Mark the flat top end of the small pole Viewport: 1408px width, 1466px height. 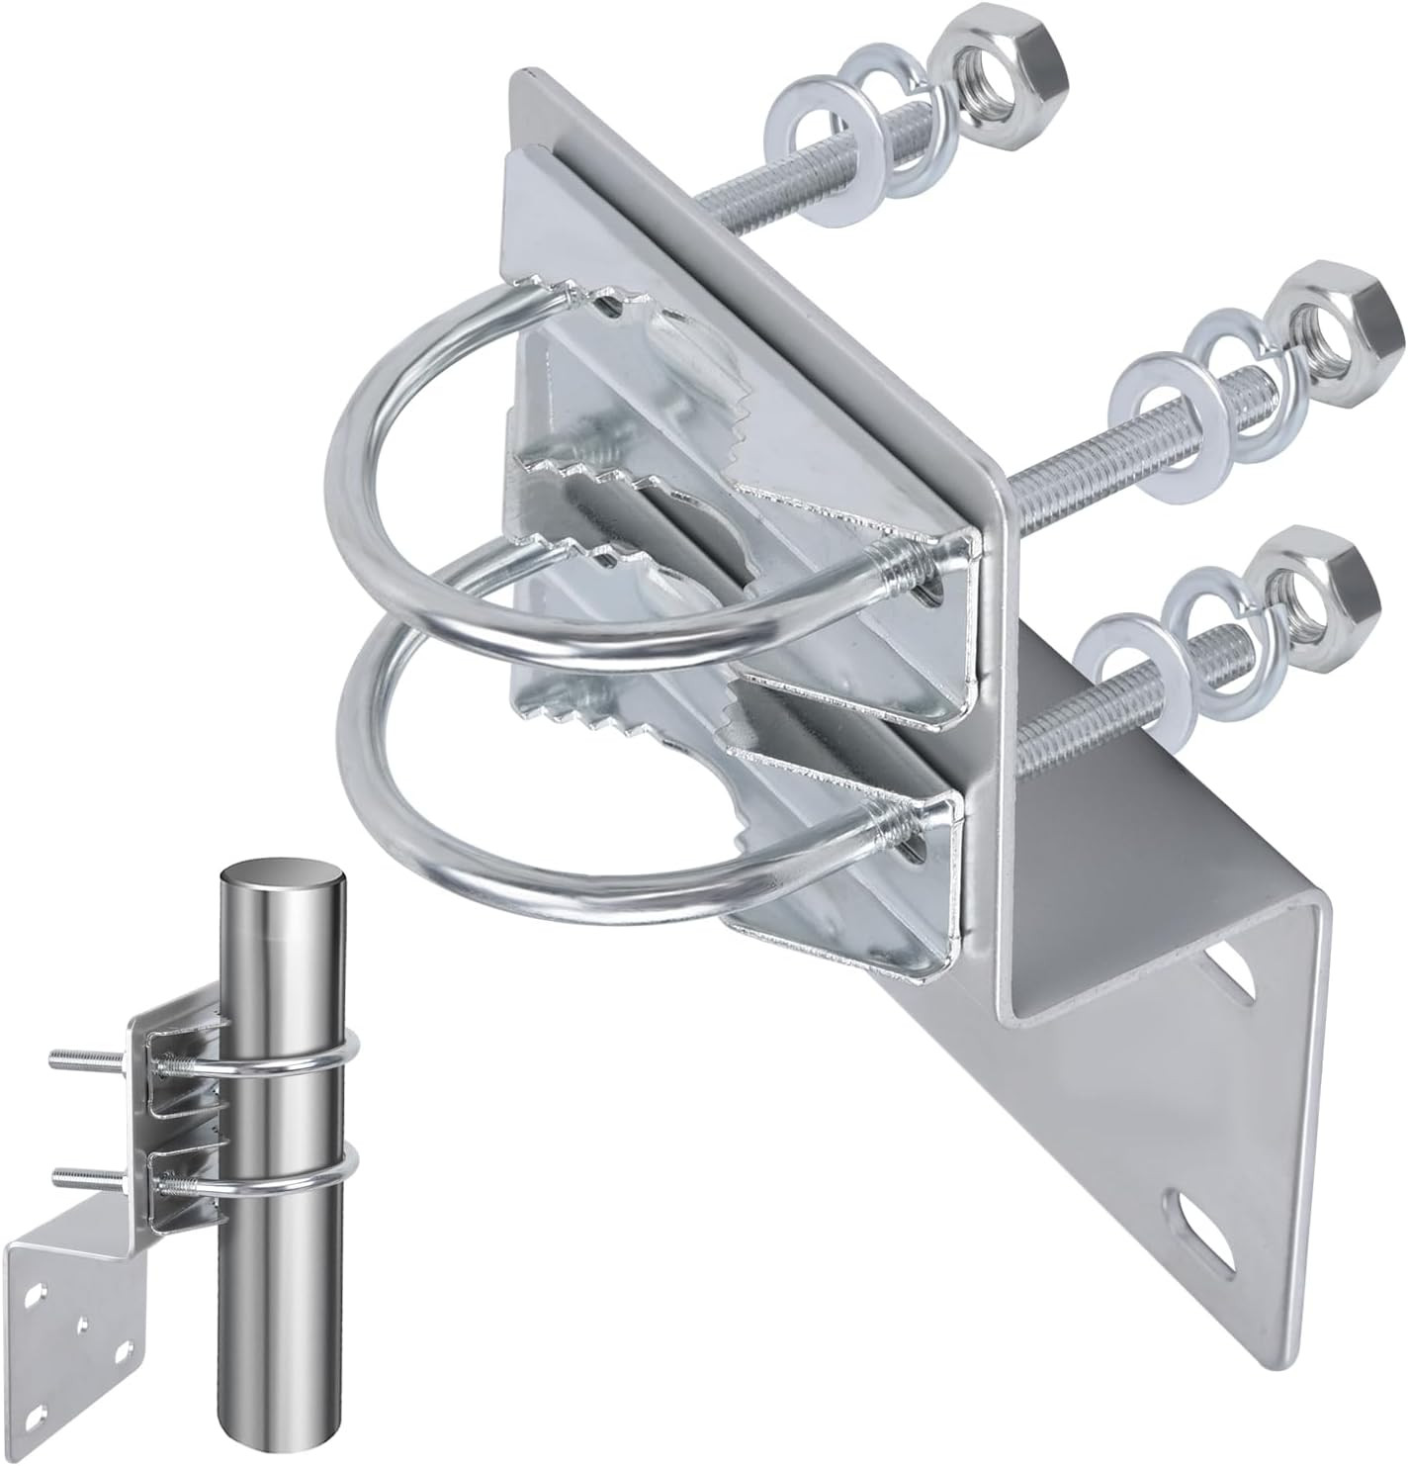pyautogui.click(x=283, y=879)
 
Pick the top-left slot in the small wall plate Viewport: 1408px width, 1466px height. pyautogui.click(x=37, y=1291)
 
